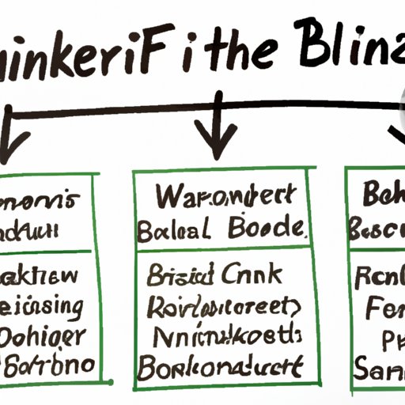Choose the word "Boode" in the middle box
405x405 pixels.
[x=268, y=229]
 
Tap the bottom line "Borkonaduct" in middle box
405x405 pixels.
[x=220, y=367]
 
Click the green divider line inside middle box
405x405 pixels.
[x=221, y=252]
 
